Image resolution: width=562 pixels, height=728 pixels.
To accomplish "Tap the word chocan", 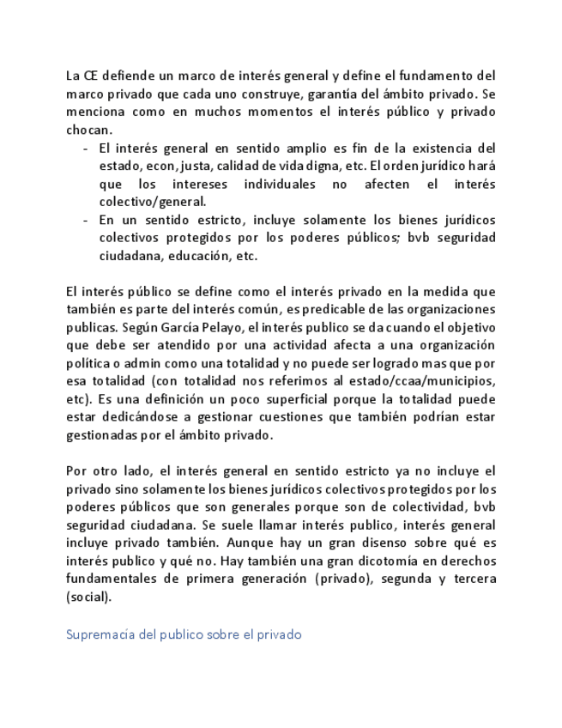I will tap(88, 130).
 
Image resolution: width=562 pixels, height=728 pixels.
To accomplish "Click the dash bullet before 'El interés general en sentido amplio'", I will tap(86, 148).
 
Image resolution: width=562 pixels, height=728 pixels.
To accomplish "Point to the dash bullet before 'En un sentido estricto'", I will tap(86, 220).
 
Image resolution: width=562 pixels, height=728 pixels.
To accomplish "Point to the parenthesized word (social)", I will tap(88, 598).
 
